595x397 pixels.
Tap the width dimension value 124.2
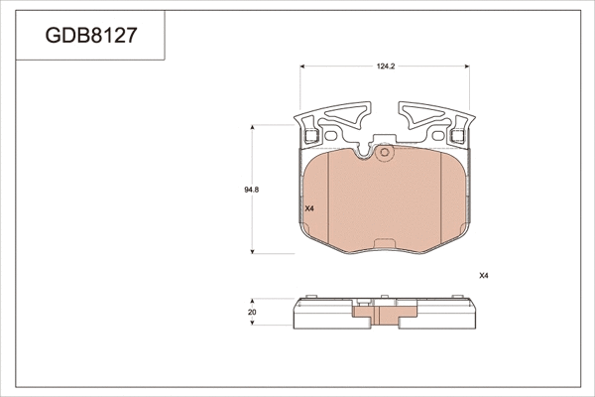386,66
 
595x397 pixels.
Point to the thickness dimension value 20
253,313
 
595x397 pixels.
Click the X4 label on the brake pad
308,208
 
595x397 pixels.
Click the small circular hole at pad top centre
387,153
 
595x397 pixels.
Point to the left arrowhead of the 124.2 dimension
303,66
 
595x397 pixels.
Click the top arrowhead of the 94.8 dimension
256,128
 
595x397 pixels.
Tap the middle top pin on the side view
376,297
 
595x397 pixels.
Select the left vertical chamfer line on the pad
302,194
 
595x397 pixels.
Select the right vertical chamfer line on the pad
467,194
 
